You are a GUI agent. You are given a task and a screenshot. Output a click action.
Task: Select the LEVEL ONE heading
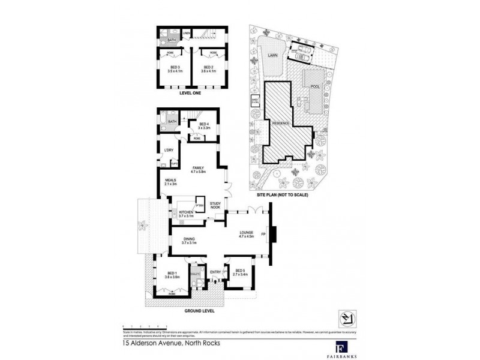point(190,94)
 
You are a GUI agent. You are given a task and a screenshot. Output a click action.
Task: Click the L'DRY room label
point(169,151)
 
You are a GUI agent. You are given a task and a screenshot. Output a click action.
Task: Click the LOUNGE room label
point(247,234)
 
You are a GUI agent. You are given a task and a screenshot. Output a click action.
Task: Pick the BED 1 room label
point(173,275)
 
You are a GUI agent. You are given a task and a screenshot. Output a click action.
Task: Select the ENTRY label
point(215,272)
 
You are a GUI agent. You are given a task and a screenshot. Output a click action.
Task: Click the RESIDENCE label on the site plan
point(281,124)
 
